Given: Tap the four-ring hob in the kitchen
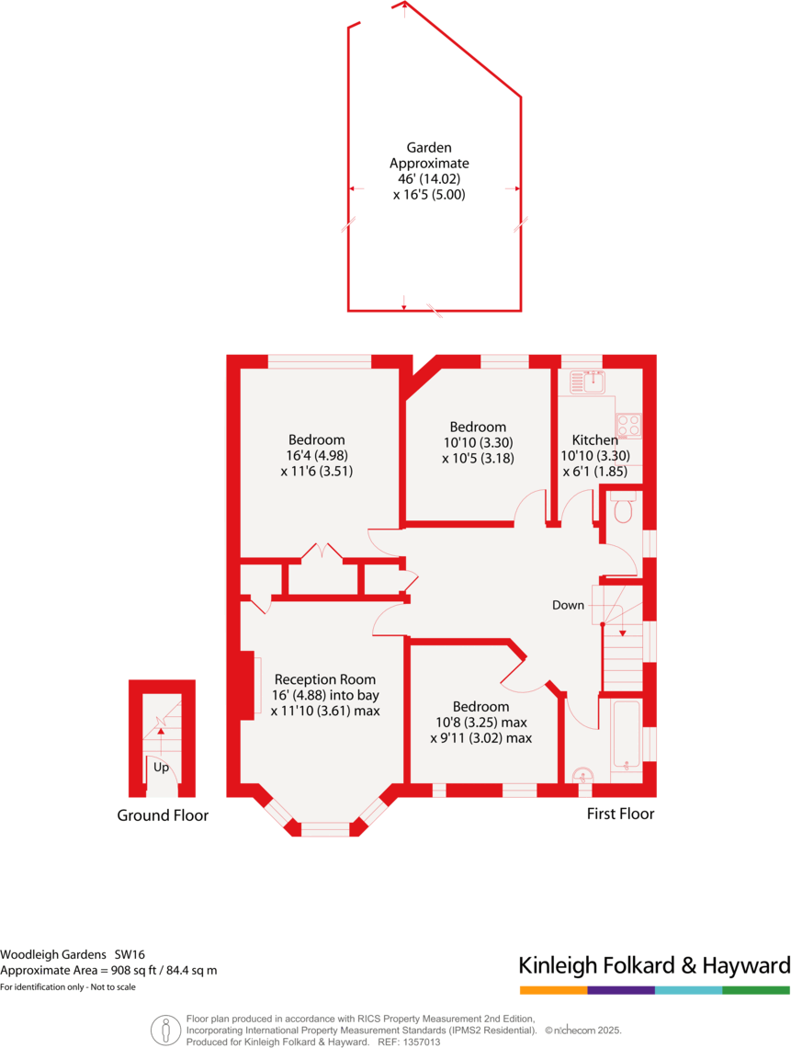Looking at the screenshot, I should coord(629,425).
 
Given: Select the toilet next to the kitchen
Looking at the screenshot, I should coord(622,507).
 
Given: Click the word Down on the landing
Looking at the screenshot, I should coord(568,605).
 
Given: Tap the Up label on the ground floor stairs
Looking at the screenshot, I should coord(162,767).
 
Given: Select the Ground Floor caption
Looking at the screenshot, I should coord(163,815).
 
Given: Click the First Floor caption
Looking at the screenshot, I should coord(621,814).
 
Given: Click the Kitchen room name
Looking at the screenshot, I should coord(595,439).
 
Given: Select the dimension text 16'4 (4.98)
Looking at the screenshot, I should coord(317,455).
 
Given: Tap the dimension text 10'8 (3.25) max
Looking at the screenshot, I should coord(480,722).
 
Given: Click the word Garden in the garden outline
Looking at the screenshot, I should coord(429,147).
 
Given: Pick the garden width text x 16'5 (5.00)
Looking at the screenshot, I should coord(430,195).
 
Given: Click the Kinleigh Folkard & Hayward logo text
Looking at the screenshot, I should coord(654,965).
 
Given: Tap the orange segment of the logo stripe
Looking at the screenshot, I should coord(553,990).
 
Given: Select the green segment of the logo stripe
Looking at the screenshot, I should coord(756,990).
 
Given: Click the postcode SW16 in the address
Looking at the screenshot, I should coord(130,955).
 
